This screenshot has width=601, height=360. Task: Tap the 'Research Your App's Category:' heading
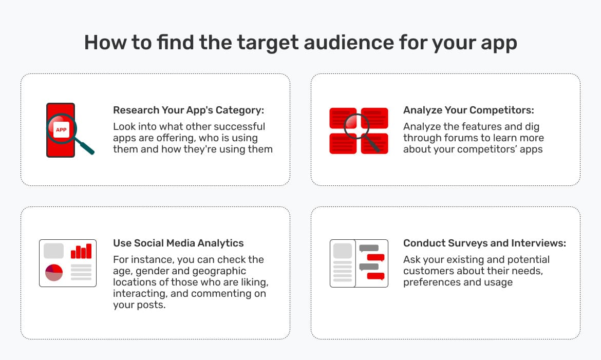[188, 110]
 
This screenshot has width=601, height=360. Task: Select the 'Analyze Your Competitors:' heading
[468, 110]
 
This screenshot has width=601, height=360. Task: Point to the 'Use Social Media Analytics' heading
[178, 243]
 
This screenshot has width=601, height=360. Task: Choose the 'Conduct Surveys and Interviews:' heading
[484, 243]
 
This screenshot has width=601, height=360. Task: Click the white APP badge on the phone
[61, 129]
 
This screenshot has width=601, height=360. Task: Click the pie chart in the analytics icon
[54, 272]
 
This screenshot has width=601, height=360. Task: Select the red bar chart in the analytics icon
[81, 251]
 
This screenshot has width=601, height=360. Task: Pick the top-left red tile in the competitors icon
[342, 118]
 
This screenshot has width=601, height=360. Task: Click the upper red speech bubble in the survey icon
[375, 257]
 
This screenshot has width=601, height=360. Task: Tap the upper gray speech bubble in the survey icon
[369, 248]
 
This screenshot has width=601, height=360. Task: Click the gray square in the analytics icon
[53, 251]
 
